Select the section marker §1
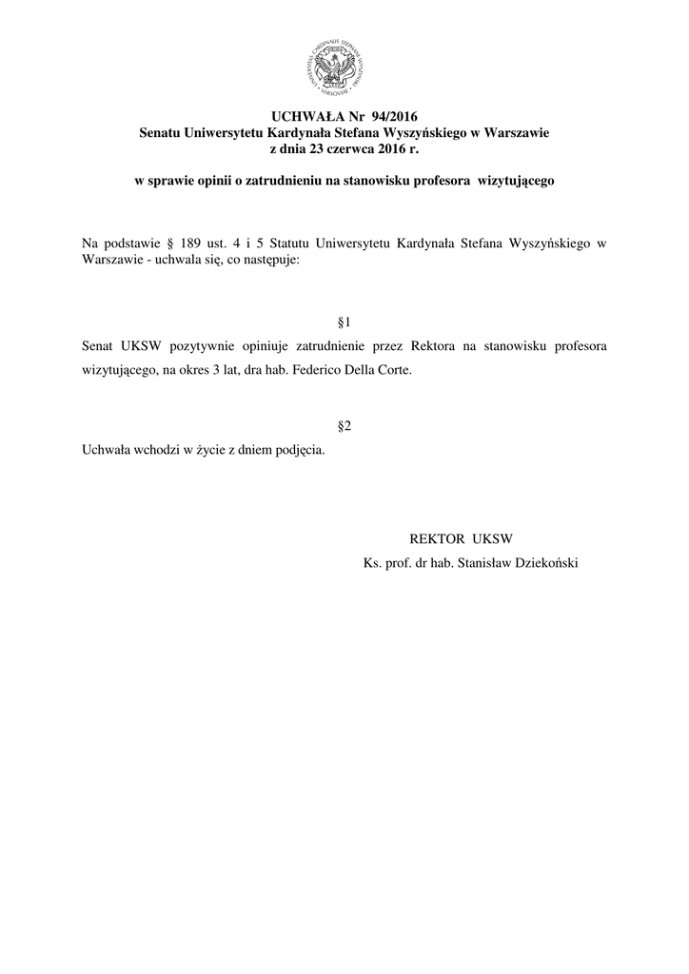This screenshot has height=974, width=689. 344,322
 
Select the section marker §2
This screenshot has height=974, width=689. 344,426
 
